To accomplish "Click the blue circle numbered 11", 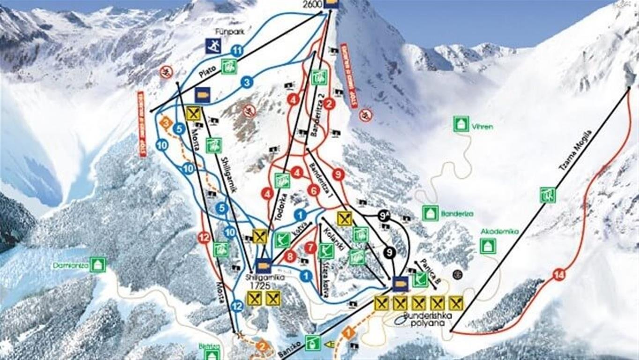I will (x=238, y=50).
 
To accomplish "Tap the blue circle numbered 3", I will (x=247, y=82).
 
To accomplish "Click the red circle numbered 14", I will (x=558, y=275).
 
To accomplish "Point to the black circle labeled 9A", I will (x=385, y=216).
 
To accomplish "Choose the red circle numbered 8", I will (x=290, y=256).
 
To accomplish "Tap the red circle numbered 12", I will (x=204, y=238).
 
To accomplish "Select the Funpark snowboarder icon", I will (x=213, y=46).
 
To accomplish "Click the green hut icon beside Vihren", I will (x=461, y=124).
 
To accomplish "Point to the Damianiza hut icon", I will (x=97, y=265).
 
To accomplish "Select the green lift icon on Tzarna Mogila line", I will (x=547, y=195).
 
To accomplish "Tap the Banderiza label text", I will (x=457, y=214).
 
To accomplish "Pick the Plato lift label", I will (x=207, y=72).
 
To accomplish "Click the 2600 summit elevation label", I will (x=313, y=4).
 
